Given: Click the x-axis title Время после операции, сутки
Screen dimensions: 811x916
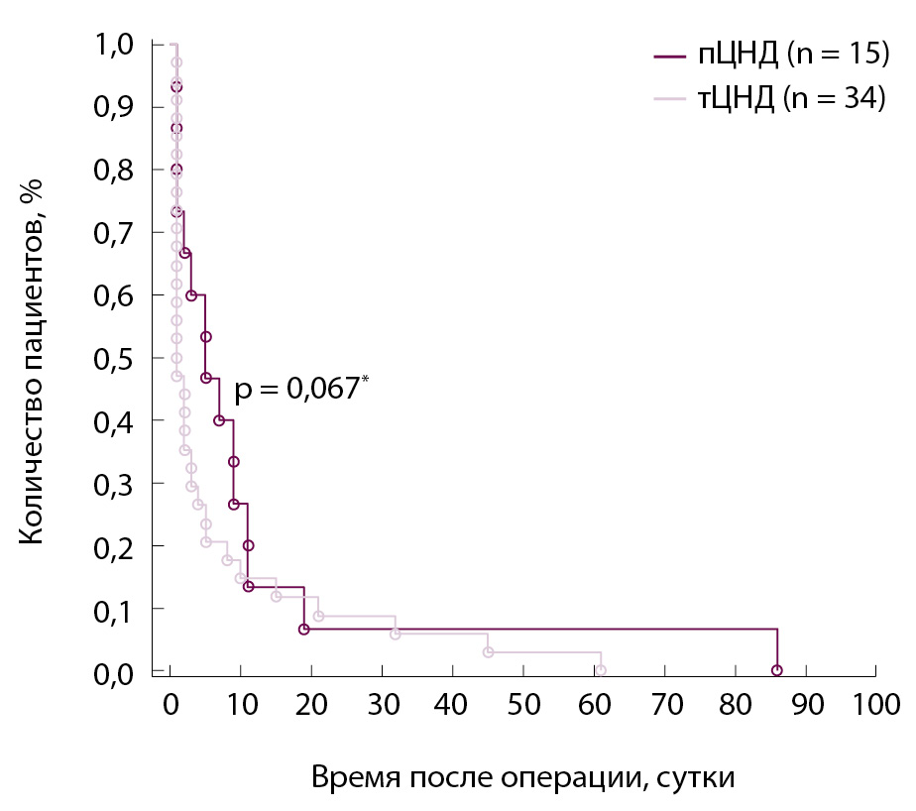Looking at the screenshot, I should [x=523, y=777].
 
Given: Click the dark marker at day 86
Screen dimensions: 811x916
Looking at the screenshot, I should [x=777, y=670].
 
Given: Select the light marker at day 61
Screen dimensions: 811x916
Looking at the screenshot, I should [x=601, y=670].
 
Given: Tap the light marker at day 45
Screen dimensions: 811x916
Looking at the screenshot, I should [x=488, y=651].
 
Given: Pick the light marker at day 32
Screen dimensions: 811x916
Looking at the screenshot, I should [x=396, y=634].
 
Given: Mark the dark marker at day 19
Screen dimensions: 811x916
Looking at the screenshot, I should [x=304, y=630].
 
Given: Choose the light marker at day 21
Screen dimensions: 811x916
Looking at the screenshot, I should [x=318, y=616].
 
